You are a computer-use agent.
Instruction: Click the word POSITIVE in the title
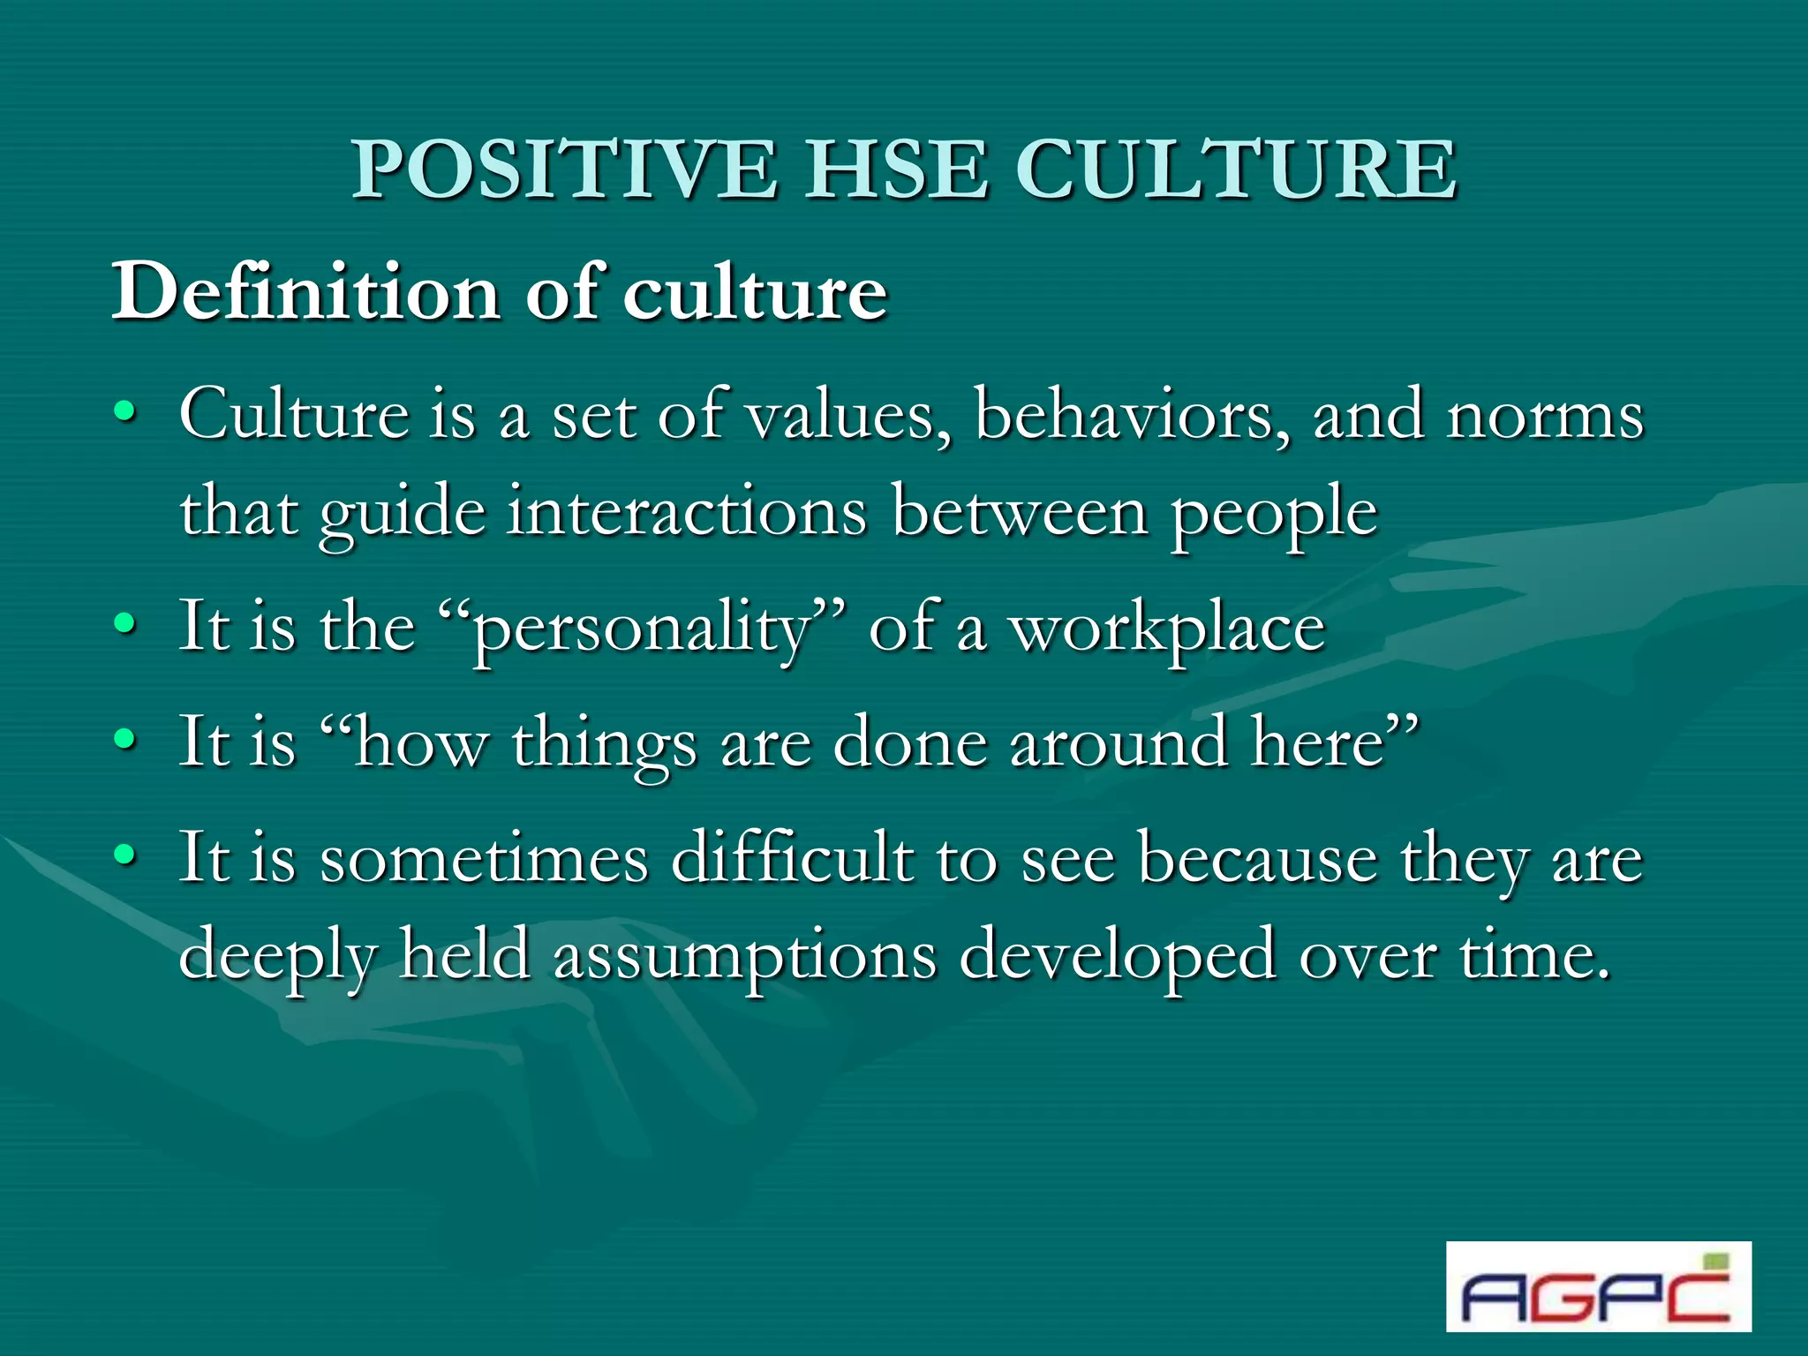[x=565, y=169]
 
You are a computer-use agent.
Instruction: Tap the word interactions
[x=687, y=512]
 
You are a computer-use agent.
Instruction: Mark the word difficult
[x=792, y=858]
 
